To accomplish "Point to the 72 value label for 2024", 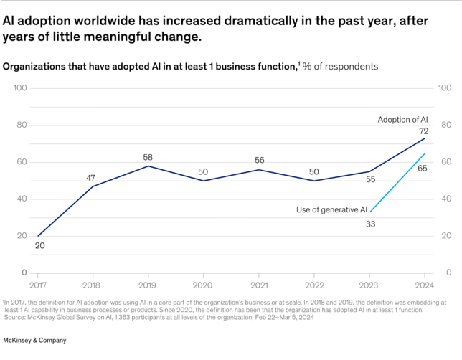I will [x=424, y=131].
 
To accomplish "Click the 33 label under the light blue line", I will [x=370, y=224].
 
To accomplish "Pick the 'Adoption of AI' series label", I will [x=403, y=119].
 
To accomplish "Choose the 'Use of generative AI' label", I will [x=331, y=209].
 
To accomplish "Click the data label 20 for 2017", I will [x=39, y=246].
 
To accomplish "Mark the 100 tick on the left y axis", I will [x=20, y=88].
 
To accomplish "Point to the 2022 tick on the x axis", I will [x=313, y=285].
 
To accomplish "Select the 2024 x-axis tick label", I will [x=424, y=285].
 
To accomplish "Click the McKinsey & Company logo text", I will [x=35, y=340].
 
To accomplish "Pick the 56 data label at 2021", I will [x=258, y=160].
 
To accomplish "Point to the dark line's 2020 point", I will [x=202, y=181].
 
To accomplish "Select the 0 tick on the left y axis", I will [x=24, y=273].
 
